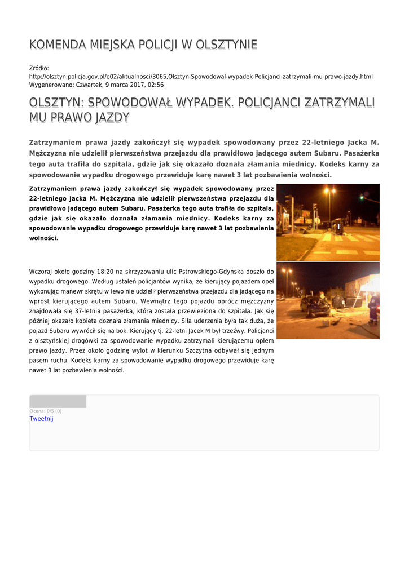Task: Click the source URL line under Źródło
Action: pyautogui.click(x=201, y=76)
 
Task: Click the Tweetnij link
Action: pyautogui.click(x=41, y=419)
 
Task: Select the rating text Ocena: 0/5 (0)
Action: pyautogui.click(x=45, y=411)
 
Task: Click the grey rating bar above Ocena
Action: pyautogui.click(x=58, y=401)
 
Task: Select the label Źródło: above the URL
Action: pyautogui.click(x=39, y=68)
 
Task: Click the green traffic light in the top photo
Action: pyautogui.click(x=362, y=199)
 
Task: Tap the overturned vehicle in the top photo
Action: pyautogui.click(x=339, y=227)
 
